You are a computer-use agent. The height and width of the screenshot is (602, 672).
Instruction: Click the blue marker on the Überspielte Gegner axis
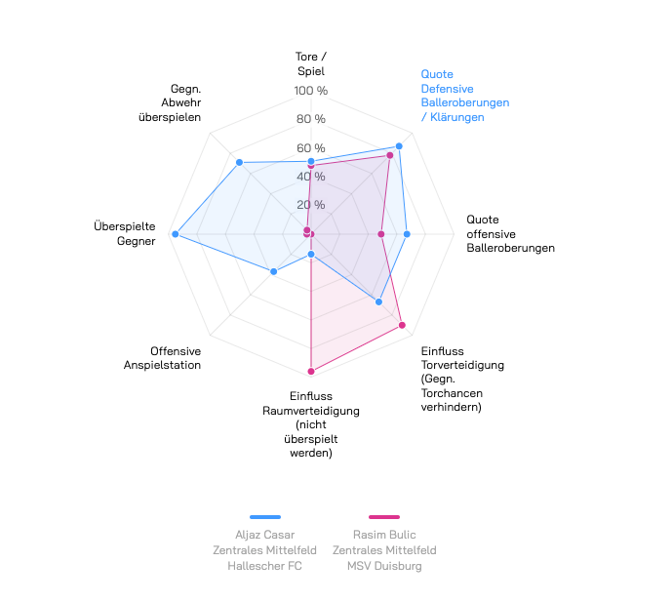[176, 234]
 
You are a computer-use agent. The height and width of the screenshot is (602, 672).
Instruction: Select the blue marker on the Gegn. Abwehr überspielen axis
[239, 162]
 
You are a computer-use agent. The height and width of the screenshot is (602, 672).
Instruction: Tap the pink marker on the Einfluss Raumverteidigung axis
[311, 371]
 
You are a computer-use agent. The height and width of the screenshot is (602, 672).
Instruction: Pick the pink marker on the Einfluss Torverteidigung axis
[402, 325]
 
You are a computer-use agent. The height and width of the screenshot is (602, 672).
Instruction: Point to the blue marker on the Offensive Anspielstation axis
[274, 271]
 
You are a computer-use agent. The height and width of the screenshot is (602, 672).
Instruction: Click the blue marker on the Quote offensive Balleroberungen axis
[407, 234]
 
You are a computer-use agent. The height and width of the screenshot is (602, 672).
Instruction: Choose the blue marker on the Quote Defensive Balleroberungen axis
[399, 146]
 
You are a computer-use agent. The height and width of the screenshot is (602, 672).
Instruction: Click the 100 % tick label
[311, 92]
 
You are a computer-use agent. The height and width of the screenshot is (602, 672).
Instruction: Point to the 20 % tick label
[311, 205]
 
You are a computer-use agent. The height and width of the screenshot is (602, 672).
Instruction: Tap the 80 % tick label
[311, 120]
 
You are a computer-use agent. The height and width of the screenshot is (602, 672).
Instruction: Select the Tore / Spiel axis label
[311, 63]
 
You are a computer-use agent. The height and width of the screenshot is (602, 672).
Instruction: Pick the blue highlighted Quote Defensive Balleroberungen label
[464, 96]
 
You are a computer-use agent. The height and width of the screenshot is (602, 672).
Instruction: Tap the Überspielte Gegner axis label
[124, 233]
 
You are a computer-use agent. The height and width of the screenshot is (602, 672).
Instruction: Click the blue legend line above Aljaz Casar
[265, 517]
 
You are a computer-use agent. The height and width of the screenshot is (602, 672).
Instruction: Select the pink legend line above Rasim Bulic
[384, 517]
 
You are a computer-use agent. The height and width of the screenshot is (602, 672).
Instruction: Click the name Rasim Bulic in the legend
[384, 535]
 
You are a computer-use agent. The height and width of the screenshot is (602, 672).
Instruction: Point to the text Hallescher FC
[265, 566]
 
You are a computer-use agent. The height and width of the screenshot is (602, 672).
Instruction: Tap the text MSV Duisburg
[384, 566]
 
